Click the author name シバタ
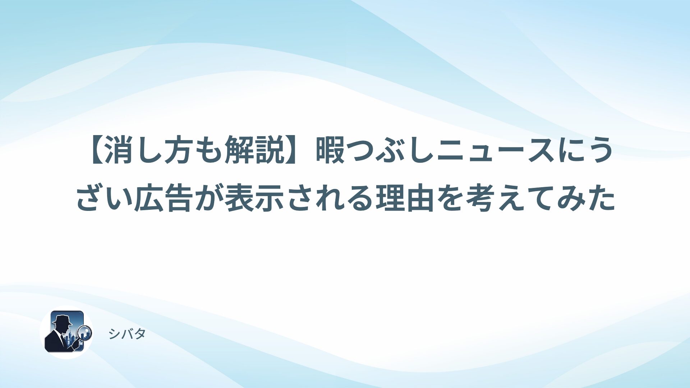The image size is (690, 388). click(127, 334)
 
